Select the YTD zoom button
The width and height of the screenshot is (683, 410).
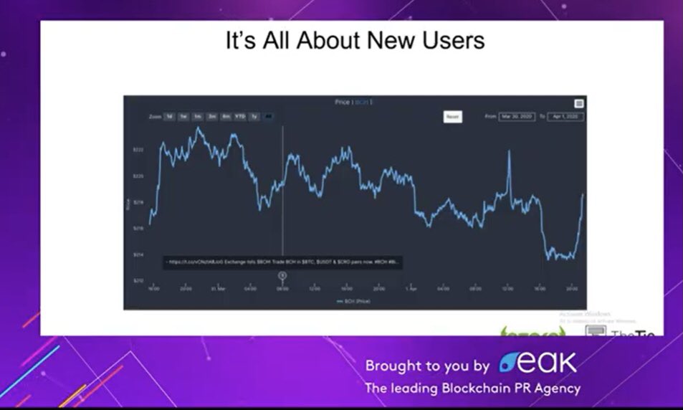[240, 116]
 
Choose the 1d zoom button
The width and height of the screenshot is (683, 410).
[169, 116]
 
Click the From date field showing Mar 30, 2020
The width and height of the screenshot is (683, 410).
[517, 116]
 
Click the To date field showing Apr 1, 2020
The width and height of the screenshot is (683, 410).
[565, 116]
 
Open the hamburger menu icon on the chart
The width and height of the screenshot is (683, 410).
[579, 104]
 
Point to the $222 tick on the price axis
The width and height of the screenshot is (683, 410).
[138, 149]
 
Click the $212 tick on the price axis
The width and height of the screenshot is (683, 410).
[138, 280]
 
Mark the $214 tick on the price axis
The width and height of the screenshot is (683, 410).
[138, 254]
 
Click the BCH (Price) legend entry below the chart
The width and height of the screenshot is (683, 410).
[353, 302]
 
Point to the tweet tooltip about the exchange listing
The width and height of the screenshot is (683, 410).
[282, 262]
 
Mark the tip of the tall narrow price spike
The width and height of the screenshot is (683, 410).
[509, 151]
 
